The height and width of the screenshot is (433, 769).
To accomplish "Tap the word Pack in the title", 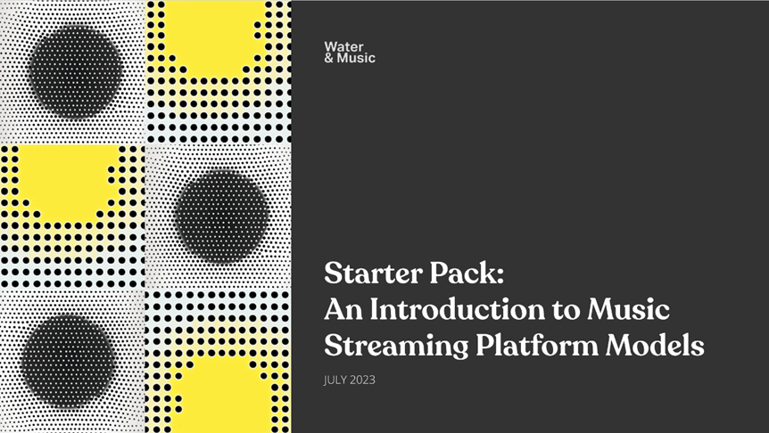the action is (466, 273).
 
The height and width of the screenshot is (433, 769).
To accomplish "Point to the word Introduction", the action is (457, 309).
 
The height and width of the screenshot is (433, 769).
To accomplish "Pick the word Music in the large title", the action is (628, 309).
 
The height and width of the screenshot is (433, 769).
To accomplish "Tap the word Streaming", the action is (396, 347).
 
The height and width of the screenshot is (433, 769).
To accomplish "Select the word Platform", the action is (537, 346).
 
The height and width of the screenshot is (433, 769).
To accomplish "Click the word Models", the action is (655, 346).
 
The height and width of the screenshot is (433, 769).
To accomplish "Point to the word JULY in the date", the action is (335, 380).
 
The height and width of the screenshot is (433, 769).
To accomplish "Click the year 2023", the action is (363, 380).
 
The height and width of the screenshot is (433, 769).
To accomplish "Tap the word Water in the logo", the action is (343, 47).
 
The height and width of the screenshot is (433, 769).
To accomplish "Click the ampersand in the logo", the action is (329, 58).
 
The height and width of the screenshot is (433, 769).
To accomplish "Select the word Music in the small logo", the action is (356, 58).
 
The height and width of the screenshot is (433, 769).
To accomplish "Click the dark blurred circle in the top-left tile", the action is (76, 70).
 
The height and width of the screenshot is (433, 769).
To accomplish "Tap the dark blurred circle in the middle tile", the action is (221, 216).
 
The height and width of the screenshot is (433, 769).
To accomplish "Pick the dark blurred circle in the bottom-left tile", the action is (68, 362).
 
